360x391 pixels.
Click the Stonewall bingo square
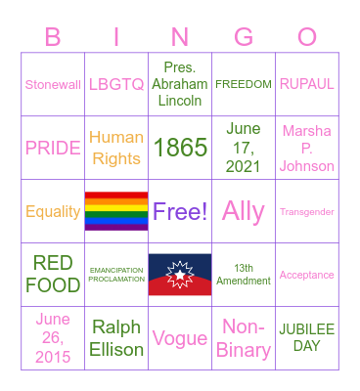(x=53, y=84)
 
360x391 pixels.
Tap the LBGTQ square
(x=116, y=84)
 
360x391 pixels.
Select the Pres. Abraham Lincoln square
(x=180, y=84)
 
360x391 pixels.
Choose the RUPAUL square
(x=307, y=84)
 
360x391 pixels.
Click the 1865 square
(x=180, y=148)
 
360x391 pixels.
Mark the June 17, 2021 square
(x=244, y=148)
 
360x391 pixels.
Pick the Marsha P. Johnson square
(x=307, y=148)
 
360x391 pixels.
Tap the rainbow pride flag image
(x=116, y=211)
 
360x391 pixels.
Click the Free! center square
(x=180, y=211)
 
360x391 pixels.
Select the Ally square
(x=244, y=211)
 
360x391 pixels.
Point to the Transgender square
(x=307, y=211)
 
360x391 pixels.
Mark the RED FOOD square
(x=53, y=275)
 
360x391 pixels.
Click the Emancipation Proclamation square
(x=116, y=275)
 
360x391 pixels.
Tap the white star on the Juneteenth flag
(x=180, y=274)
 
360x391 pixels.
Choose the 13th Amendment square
(x=244, y=275)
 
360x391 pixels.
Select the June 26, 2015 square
(x=53, y=338)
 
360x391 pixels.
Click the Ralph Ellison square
(x=116, y=338)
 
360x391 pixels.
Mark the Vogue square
(x=180, y=338)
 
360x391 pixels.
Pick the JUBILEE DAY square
(x=307, y=338)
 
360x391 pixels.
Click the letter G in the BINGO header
(x=244, y=38)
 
